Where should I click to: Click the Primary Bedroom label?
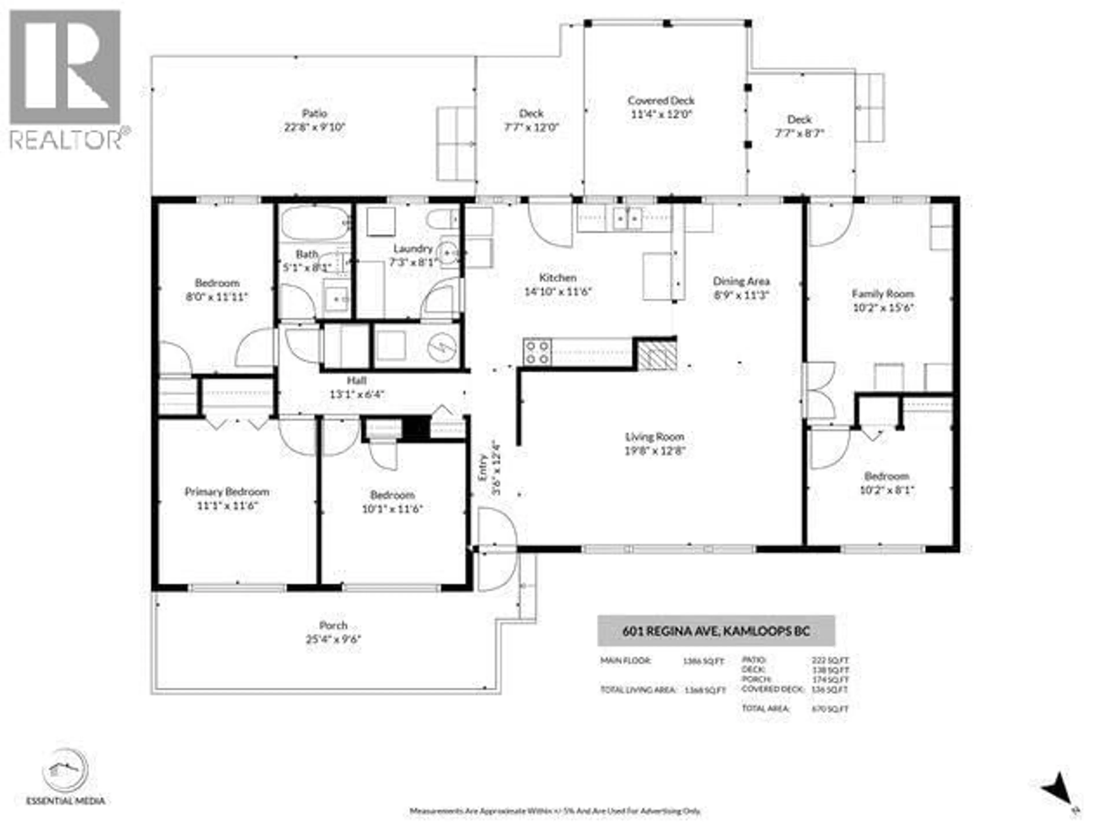click(227, 492)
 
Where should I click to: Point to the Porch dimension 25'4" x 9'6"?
click(334, 639)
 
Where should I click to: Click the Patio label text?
click(314, 114)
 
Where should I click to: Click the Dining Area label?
click(741, 281)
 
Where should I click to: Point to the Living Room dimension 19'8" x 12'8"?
click(654, 451)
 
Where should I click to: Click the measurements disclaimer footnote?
click(555, 810)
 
